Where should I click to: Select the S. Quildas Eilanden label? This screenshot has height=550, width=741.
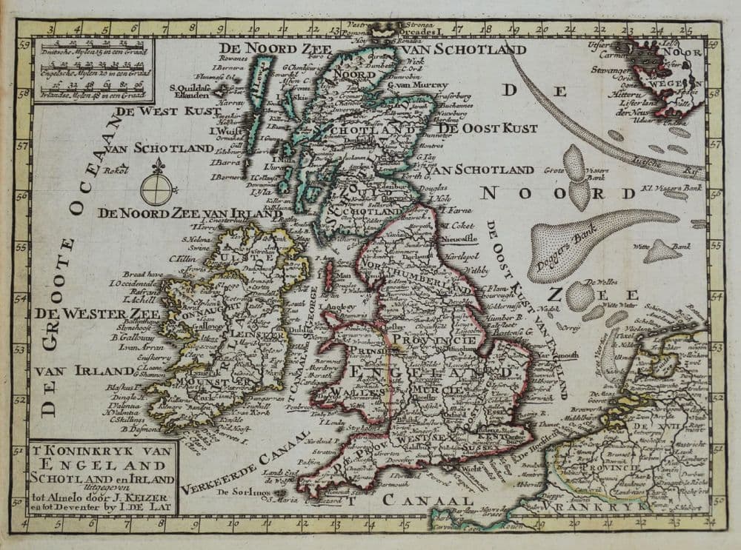(x=191, y=90)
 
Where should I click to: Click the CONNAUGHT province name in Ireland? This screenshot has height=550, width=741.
(x=185, y=318)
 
